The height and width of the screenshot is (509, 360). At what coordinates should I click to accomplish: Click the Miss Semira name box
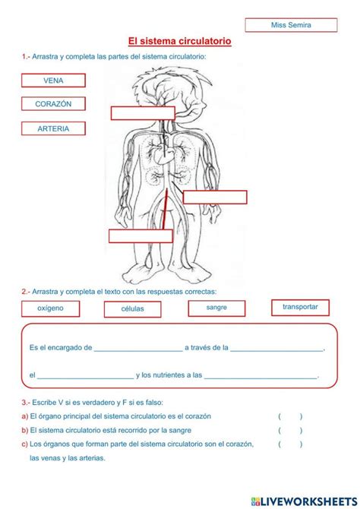292,25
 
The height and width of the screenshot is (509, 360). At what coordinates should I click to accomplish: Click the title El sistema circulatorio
180,41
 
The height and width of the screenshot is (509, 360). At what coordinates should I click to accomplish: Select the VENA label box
53,81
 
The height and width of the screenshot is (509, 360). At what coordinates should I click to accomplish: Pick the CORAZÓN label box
53,104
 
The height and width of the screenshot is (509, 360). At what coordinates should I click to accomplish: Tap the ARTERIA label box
53,129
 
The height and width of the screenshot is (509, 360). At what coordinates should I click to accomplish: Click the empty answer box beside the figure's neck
143,113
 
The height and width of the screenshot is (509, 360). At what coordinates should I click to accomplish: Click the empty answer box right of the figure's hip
215,198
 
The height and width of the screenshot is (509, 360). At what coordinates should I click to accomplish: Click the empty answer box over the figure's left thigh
141,236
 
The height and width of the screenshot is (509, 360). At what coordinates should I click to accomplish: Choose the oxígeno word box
51,308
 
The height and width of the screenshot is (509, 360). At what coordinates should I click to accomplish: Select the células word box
133,309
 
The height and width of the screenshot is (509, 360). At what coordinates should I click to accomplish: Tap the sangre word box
216,308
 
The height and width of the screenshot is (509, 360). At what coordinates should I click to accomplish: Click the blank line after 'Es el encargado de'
137,349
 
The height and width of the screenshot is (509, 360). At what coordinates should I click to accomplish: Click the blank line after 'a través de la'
276,349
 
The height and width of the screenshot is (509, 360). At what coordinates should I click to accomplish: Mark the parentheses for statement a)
290,416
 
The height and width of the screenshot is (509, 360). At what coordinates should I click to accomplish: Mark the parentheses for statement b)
290,430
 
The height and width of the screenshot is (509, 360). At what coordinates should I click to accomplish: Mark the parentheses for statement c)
290,444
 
